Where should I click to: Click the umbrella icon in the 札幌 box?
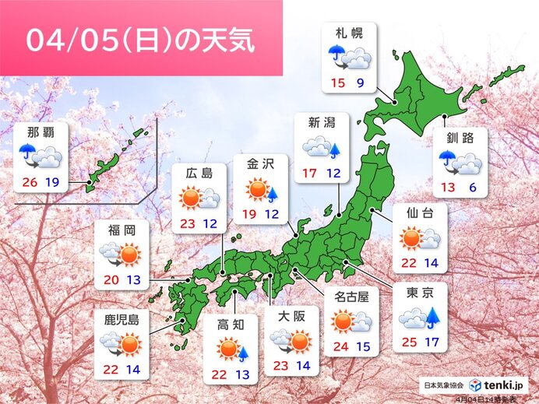click(x=336, y=54)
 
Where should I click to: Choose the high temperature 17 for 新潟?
click(x=309, y=173)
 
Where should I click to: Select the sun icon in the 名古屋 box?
click(x=341, y=320)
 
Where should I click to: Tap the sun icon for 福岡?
click(x=129, y=255)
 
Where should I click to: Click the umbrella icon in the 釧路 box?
click(x=448, y=160)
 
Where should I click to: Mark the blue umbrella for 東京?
click(x=428, y=316)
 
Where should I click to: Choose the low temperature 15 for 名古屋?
click(x=362, y=346)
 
